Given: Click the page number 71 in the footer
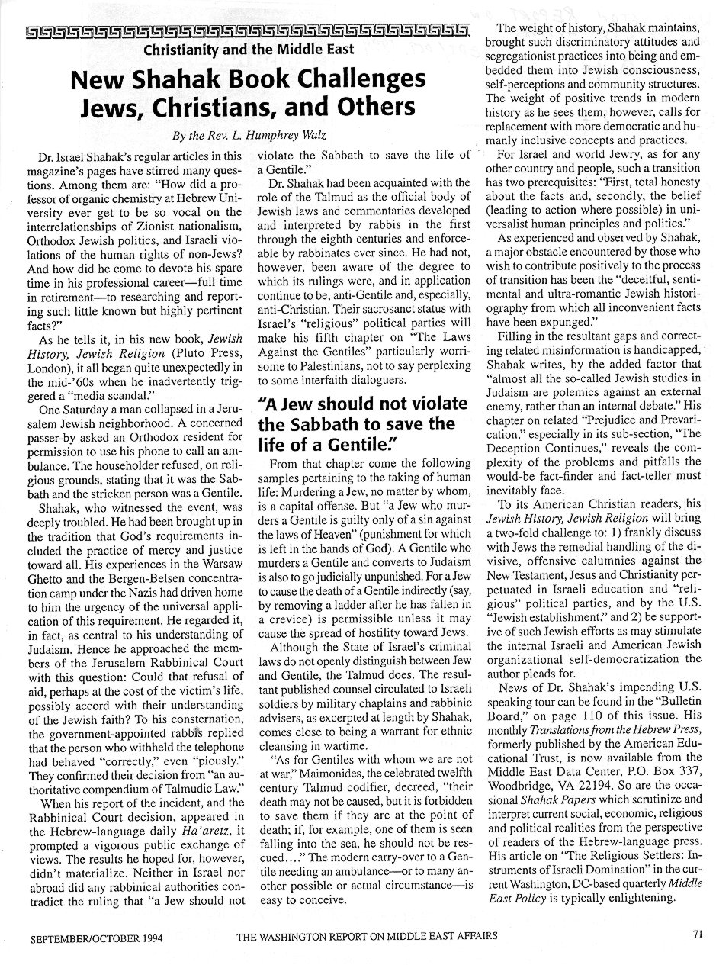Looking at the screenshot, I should pos(698,932).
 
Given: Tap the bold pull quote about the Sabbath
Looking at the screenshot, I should pos(367,423).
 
